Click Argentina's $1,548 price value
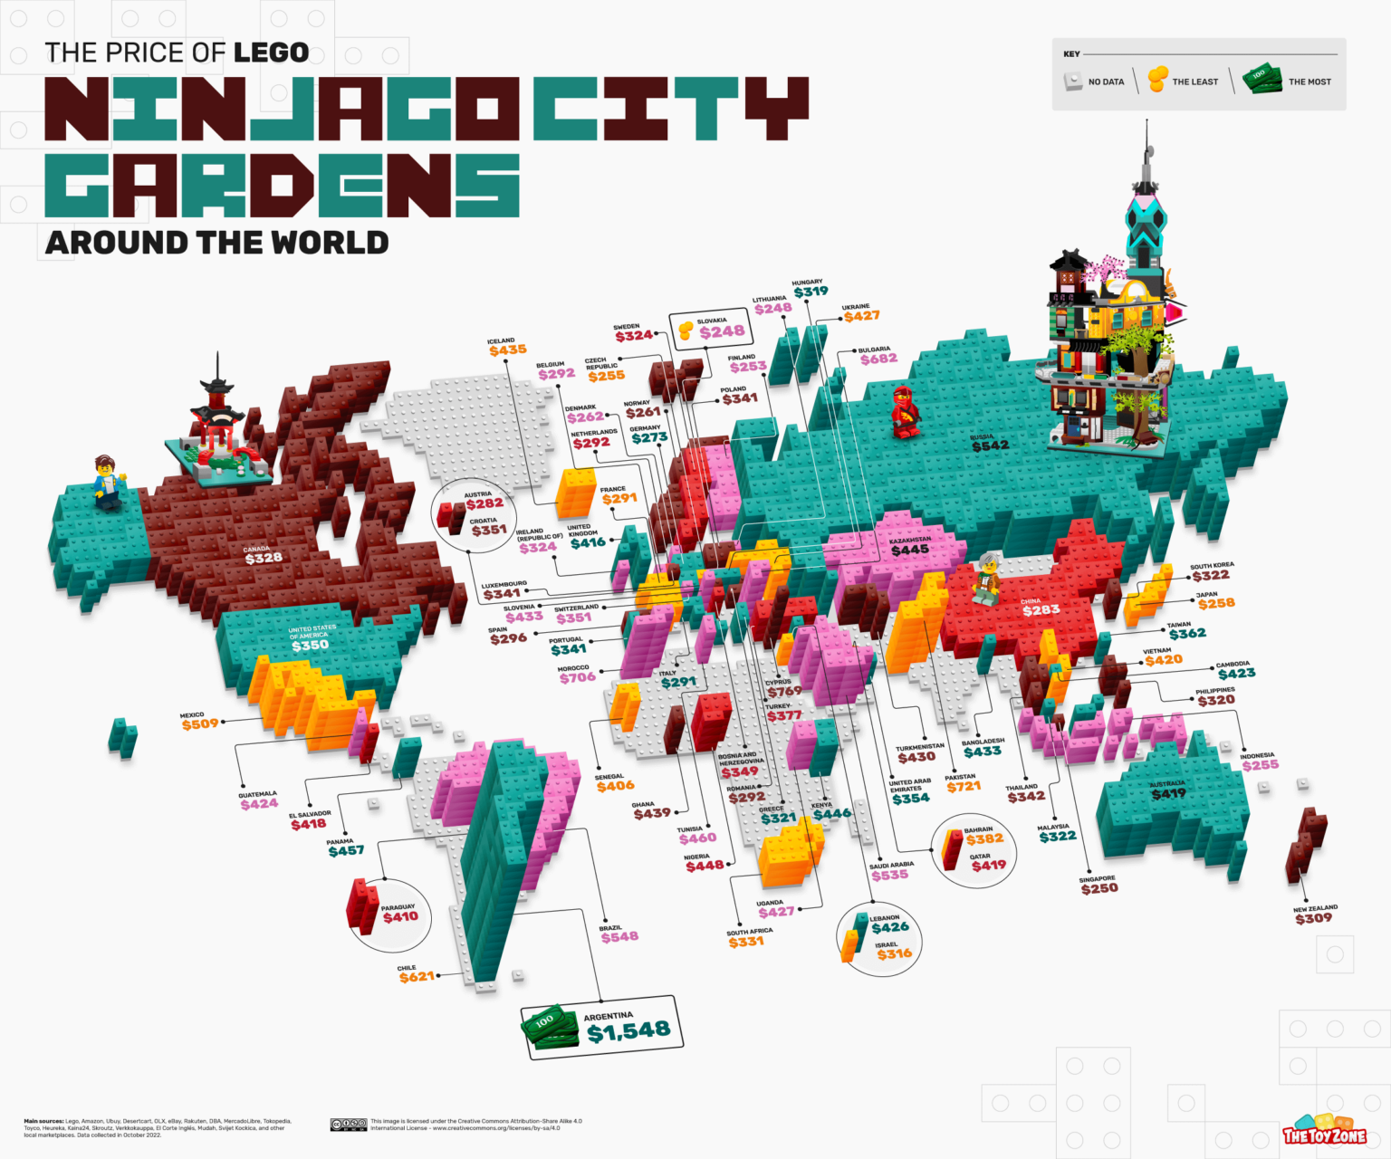pos(628,1030)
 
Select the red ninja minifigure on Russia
pos(905,411)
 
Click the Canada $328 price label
pos(264,558)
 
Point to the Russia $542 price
pos(990,445)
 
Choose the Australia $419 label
pos(1168,794)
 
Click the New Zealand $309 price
pos(1313,918)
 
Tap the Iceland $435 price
pos(507,350)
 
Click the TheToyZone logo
pos(1324,1134)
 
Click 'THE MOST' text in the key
pos(1309,81)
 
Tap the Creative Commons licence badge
pos(348,1125)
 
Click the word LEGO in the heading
pos(272,53)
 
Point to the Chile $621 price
pos(417,976)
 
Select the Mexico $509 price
pos(200,724)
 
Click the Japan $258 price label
pos(1216,603)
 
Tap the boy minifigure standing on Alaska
pos(108,482)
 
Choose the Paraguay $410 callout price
pos(400,916)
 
